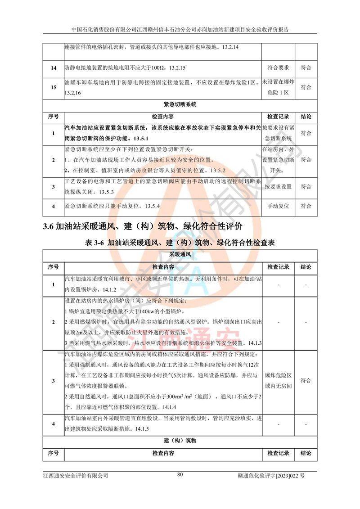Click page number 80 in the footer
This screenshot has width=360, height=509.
tap(180, 474)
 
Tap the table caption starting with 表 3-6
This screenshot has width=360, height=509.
tap(180, 243)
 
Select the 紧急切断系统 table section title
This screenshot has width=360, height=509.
tap(180, 104)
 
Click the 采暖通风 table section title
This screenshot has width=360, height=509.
tap(180, 255)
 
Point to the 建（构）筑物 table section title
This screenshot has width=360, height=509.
tap(180, 440)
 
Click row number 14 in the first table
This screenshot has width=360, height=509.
tap(54, 68)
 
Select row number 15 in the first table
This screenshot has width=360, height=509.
tap(54, 87)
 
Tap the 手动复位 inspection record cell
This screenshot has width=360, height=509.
tap(278, 206)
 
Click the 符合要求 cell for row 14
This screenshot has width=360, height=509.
tap(278, 68)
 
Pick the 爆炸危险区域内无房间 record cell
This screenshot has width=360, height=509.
tap(278, 380)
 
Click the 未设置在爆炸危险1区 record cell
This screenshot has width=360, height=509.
tap(278, 87)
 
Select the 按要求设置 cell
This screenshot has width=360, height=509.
tap(278, 187)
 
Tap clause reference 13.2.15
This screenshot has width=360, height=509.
tap(177, 68)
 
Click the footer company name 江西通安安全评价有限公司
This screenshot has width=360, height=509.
tap(76, 475)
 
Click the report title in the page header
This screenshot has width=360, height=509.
tap(180, 29)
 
